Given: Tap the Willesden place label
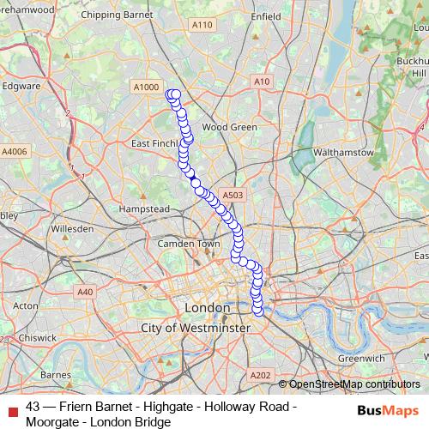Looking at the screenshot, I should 72,229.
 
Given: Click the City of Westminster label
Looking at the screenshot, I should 196,328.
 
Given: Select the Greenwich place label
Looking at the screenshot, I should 360,357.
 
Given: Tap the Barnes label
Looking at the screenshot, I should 56,374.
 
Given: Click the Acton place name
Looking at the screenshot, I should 26,305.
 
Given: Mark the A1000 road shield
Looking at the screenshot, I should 147,87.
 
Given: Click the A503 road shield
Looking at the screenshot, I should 233,196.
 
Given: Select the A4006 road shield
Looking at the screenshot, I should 15,151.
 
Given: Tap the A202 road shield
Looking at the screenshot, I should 260,375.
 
